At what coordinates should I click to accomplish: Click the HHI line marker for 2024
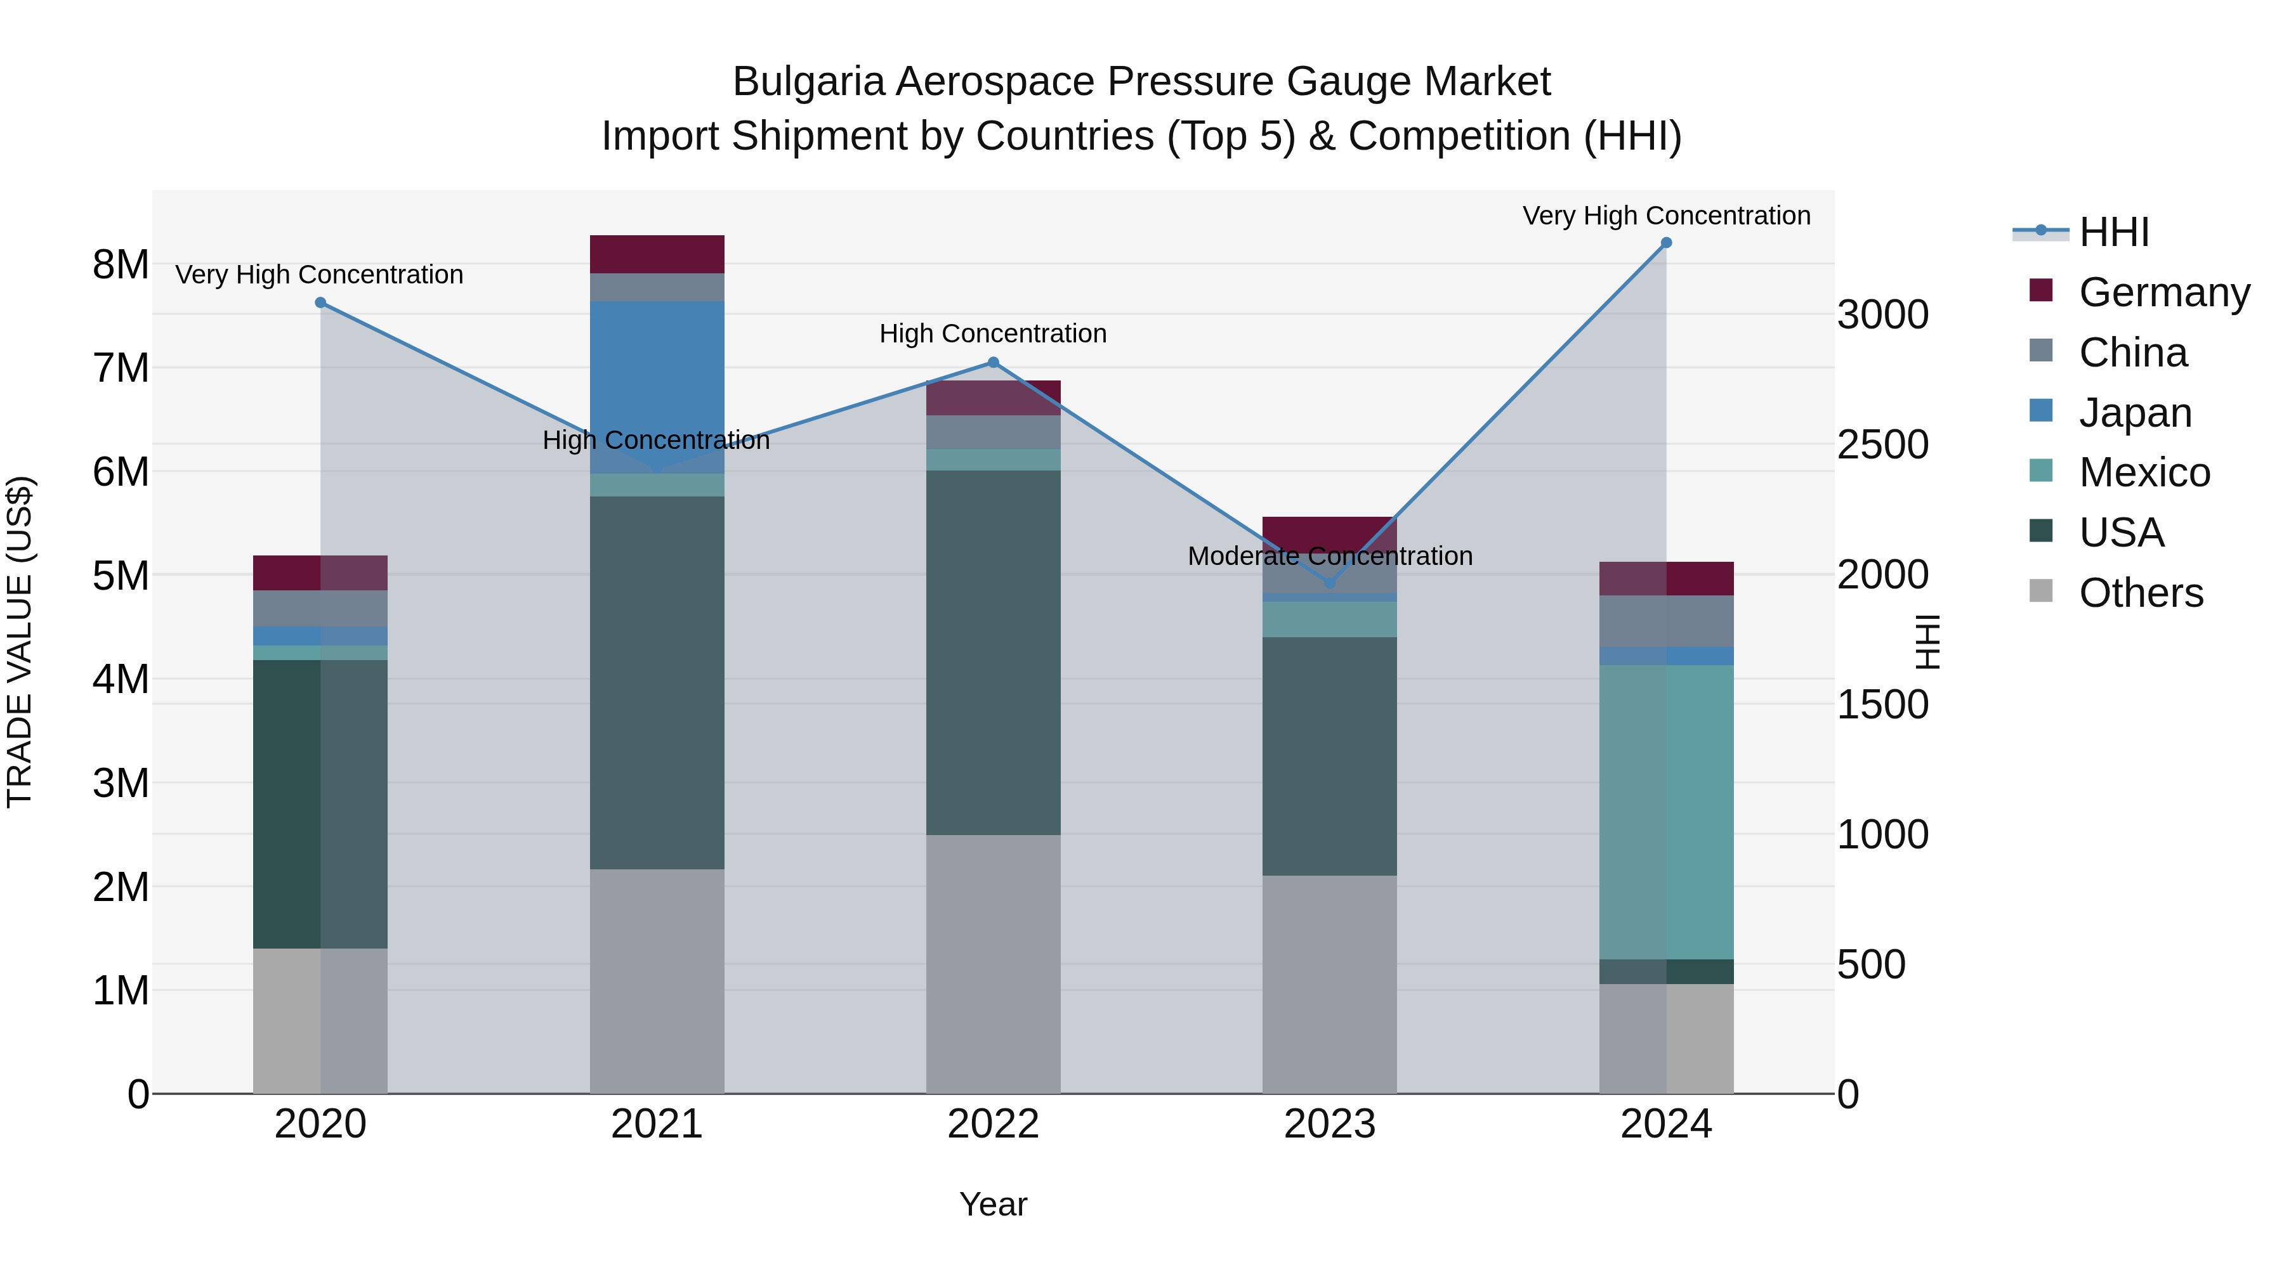click(1666, 243)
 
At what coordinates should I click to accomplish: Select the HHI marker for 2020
click(321, 303)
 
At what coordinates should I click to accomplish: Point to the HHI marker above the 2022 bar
click(993, 363)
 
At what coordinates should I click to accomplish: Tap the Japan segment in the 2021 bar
click(657, 381)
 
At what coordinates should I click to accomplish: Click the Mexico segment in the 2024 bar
click(1666, 811)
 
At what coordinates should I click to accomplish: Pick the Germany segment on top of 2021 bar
click(657, 254)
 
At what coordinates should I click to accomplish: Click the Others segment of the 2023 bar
click(1329, 983)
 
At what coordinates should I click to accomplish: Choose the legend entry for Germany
click(2163, 292)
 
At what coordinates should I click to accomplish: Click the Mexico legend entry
click(2144, 472)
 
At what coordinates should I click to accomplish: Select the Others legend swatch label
click(2141, 593)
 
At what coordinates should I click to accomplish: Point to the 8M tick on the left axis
click(121, 264)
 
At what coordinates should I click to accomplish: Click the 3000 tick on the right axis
click(1882, 315)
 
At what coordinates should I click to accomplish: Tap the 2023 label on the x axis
click(1329, 1124)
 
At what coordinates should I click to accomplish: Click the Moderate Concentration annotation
click(1329, 557)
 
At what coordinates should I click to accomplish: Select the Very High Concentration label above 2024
click(1666, 216)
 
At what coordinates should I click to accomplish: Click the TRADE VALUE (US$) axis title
click(20, 642)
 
